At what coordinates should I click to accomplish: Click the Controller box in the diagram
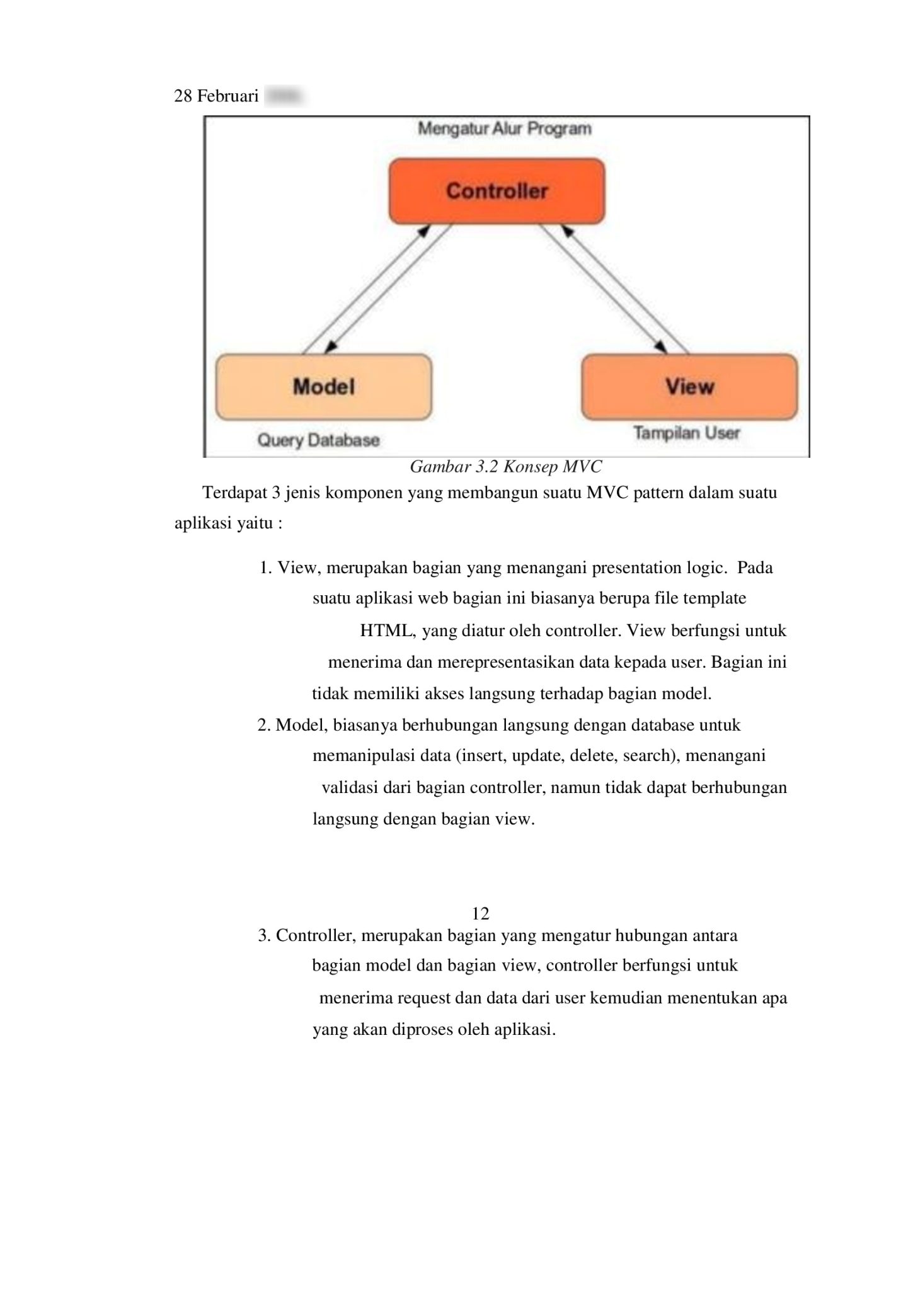[x=497, y=191]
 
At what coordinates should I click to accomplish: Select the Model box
[x=323, y=387]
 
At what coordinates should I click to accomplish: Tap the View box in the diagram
[x=689, y=387]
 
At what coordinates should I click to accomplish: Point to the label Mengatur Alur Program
[x=505, y=129]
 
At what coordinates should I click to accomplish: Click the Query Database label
[x=318, y=440]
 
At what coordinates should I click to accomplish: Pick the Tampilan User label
[x=686, y=433]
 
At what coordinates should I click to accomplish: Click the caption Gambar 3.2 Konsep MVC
[x=505, y=467]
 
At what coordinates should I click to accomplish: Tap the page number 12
[x=480, y=913]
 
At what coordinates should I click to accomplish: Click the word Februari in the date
[x=227, y=96]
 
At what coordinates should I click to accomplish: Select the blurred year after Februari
[x=284, y=96]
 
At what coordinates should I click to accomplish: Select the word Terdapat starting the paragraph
[x=236, y=493]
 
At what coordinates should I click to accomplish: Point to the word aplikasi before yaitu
[x=202, y=524]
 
